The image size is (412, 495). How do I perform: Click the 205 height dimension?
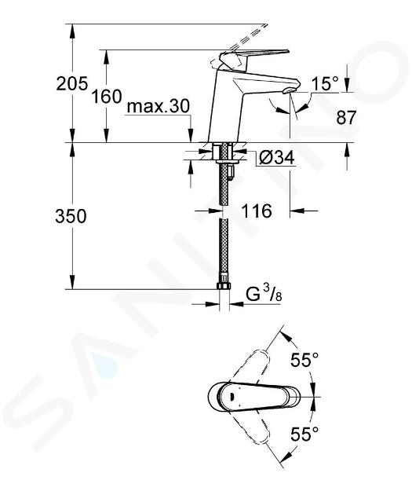click(x=71, y=84)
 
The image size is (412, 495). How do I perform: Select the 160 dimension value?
click(x=106, y=97)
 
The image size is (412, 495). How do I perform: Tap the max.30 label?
click(x=159, y=106)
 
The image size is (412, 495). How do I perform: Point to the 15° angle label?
click(x=325, y=83)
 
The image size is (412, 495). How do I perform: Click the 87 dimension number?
click(x=346, y=117)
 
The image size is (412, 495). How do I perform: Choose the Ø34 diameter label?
click(x=276, y=157)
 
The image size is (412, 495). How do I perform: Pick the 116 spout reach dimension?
click(x=257, y=211)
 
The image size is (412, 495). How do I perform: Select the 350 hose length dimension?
click(x=71, y=217)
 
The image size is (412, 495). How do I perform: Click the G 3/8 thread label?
click(x=264, y=295)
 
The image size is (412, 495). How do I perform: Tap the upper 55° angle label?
click(x=304, y=360)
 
